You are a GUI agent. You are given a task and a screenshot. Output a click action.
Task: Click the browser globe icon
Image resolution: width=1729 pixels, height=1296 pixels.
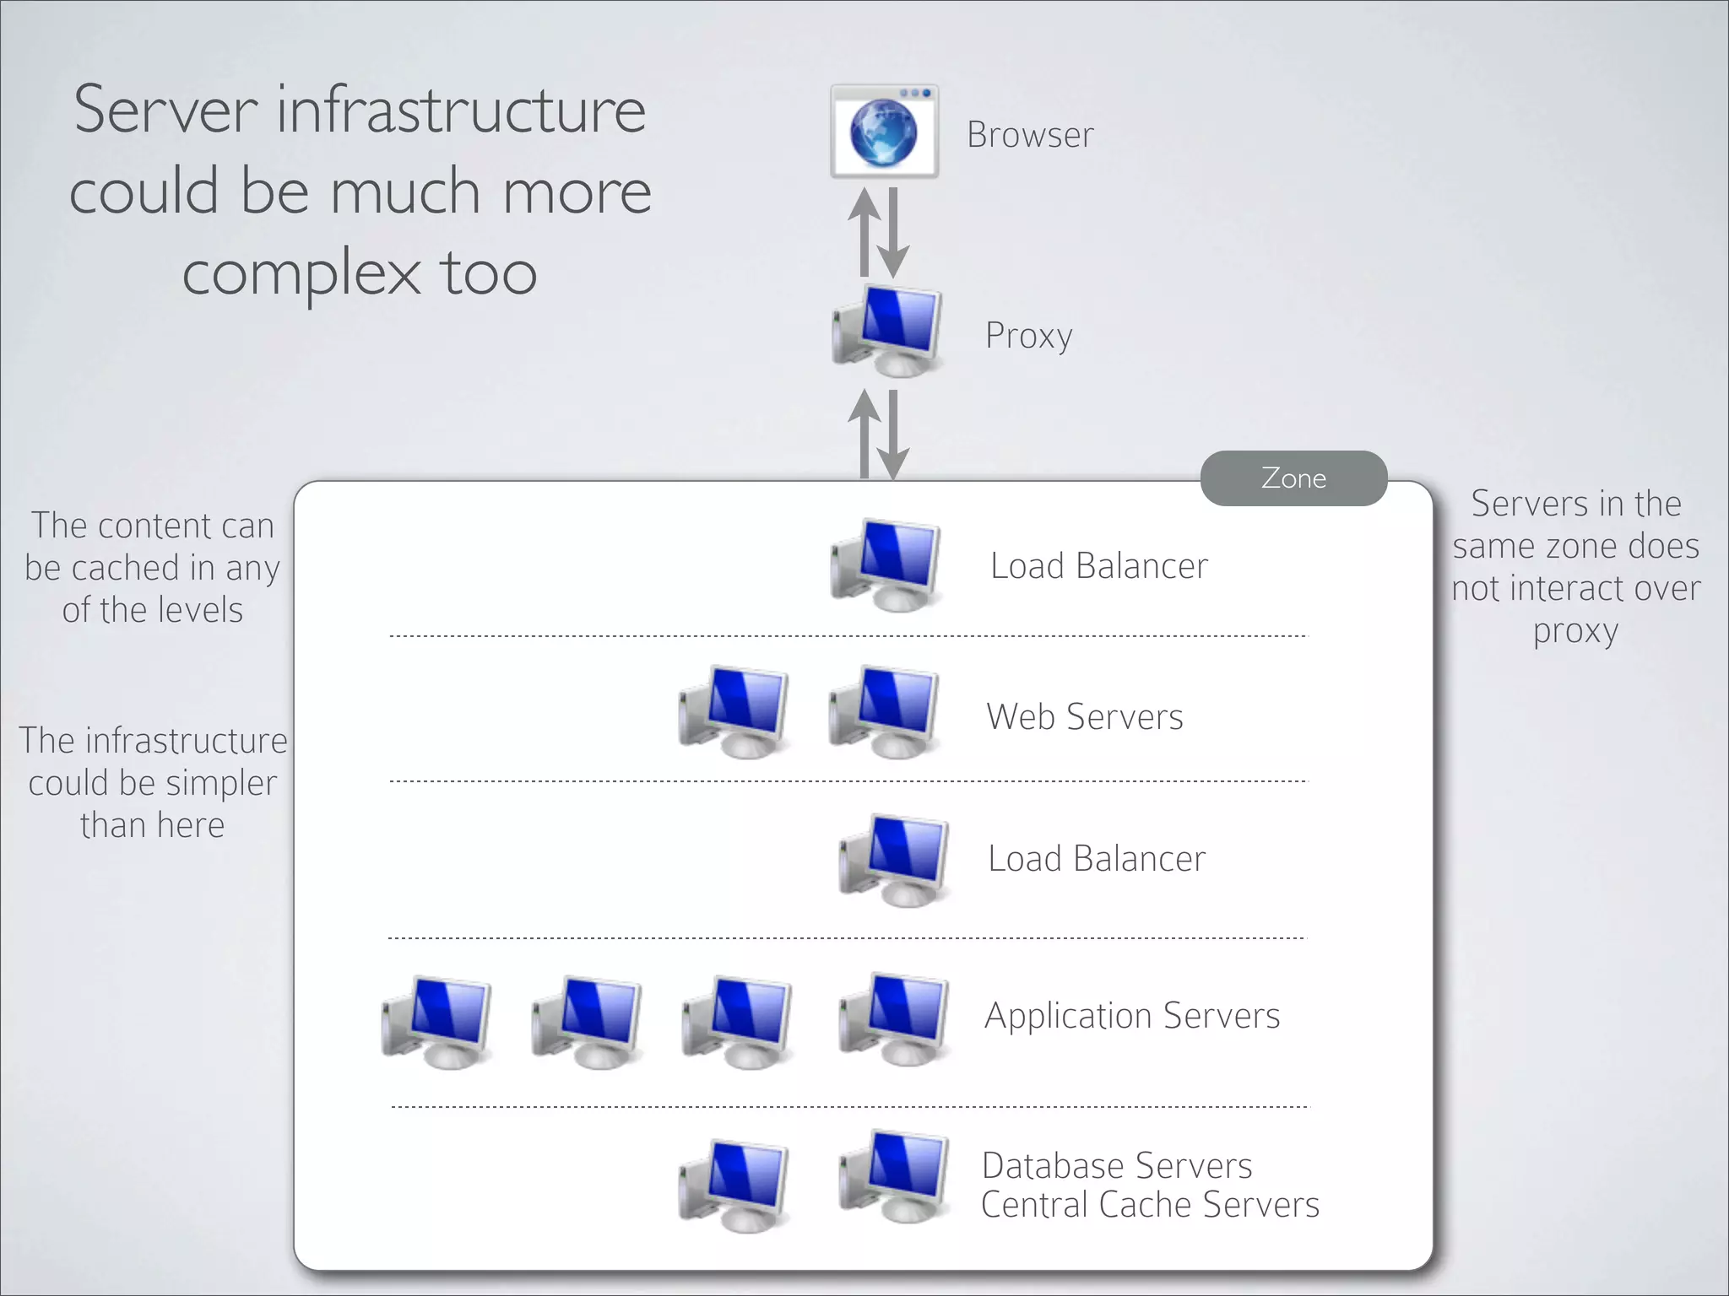pyautogui.click(x=883, y=132)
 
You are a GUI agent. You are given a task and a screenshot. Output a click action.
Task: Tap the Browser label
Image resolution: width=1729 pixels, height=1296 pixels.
pyautogui.click(x=1030, y=135)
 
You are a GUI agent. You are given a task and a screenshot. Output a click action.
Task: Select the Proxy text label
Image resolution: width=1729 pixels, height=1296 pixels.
pyautogui.click(x=1028, y=336)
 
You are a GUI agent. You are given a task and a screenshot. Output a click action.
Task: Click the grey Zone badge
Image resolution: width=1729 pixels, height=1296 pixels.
pyautogui.click(x=1293, y=478)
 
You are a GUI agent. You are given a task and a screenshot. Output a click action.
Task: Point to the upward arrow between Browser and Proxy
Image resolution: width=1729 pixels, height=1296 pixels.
pyautogui.click(x=864, y=232)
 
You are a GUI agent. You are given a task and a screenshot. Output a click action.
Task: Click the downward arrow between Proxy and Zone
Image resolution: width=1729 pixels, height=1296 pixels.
pyautogui.click(x=893, y=435)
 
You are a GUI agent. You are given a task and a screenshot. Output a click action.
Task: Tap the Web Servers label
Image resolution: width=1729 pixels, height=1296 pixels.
pyautogui.click(x=1085, y=717)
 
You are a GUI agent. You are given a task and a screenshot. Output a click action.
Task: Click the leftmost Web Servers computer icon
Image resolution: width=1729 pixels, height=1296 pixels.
pyautogui.click(x=734, y=712)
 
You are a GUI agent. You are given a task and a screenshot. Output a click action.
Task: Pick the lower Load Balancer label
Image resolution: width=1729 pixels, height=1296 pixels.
pyautogui.click(x=1097, y=859)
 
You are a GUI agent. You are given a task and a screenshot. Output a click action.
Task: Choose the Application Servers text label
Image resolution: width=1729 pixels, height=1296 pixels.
pyautogui.click(x=1132, y=1016)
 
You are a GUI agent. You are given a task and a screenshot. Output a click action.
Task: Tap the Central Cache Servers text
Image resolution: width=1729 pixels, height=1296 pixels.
pyautogui.click(x=1150, y=1205)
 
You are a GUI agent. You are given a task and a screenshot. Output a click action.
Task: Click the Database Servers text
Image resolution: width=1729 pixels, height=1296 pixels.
pyautogui.click(x=1117, y=1166)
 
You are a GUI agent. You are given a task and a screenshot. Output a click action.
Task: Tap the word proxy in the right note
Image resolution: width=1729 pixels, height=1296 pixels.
pyautogui.click(x=1575, y=631)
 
